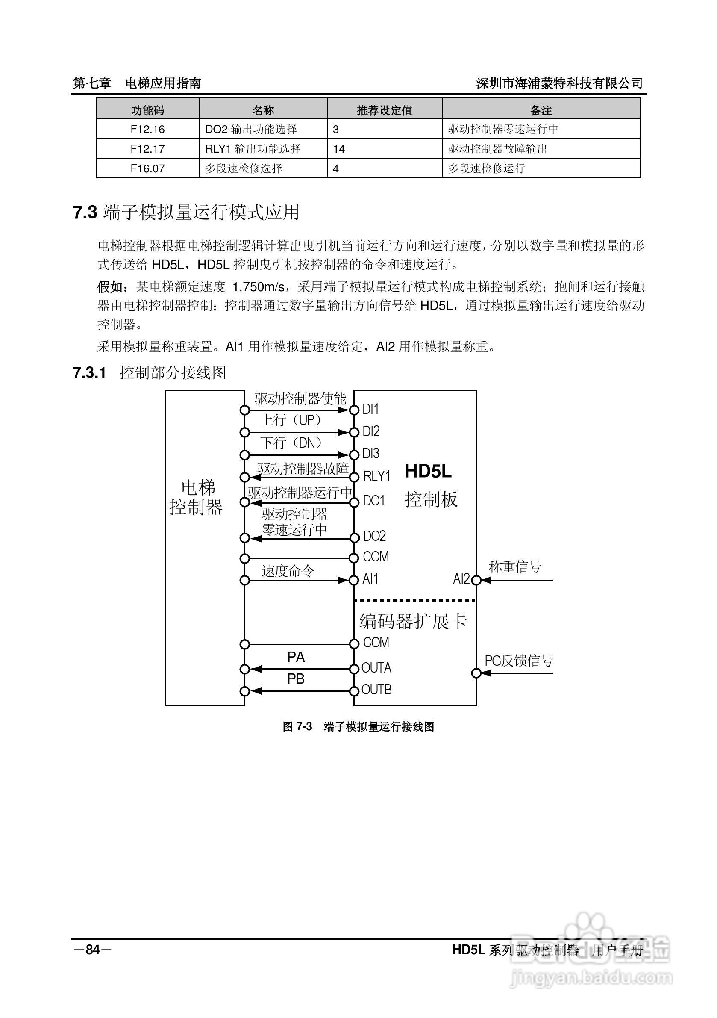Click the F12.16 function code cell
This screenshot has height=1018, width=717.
[x=147, y=129]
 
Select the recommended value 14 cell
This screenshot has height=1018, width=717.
[x=339, y=148]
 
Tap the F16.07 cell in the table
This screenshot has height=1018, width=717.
[x=147, y=168]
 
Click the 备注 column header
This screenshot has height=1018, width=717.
[x=541, y=110]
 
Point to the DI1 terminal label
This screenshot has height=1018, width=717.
[x=370, y=409]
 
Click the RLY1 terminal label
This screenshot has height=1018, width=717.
[x=377, y=476]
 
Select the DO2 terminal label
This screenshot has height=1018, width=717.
[x=374, y=536]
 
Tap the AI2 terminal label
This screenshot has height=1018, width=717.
[x=461, y=578]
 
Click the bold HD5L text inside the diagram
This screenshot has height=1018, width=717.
[x=428, y=471]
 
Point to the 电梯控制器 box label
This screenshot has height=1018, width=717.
[x=196, y=498]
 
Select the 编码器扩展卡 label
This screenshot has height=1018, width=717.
[x=413, y=621]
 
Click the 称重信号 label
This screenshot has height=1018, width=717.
[x=515, y=566]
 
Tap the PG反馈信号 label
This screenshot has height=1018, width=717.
[x=518, y=661]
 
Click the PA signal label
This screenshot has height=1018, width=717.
[x=296, y=657]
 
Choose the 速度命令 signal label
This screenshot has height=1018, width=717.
[x=288, y=571]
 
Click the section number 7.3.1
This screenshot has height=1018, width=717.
[x=89, y=373]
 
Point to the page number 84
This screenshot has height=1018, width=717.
[x=93, y=949]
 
